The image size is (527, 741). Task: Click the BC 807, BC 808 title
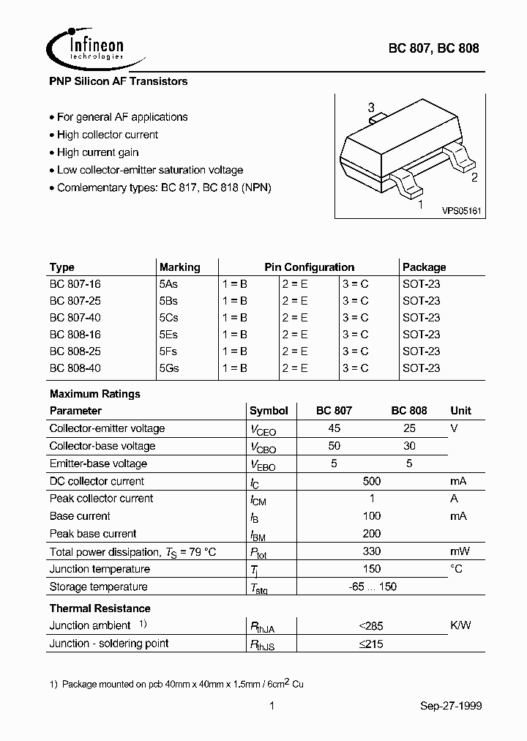[433, 48]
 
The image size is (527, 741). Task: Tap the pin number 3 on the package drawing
[371, 107]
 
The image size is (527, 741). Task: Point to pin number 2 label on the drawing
[474, 177]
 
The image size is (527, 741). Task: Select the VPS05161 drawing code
[460, 211]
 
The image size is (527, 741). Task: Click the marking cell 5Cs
[169, 318]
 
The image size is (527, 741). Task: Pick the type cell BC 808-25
[75, 351]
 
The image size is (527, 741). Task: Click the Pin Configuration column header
[309, 267]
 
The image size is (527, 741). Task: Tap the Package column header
[424, 267]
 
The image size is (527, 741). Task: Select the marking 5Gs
[169, 368]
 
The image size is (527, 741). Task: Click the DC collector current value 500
[372, 481]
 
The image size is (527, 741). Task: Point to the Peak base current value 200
[372, 534]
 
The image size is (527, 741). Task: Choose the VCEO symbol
[263, 430]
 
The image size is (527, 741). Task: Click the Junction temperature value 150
[372, 569]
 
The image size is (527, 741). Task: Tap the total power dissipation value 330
[372, 551]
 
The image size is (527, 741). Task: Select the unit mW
[460, 551]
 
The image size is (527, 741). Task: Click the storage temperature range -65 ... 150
[372, 587]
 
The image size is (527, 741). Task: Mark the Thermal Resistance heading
[100, 608]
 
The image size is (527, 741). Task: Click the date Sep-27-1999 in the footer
[451, 706]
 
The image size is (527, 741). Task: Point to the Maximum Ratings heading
[94, 394]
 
